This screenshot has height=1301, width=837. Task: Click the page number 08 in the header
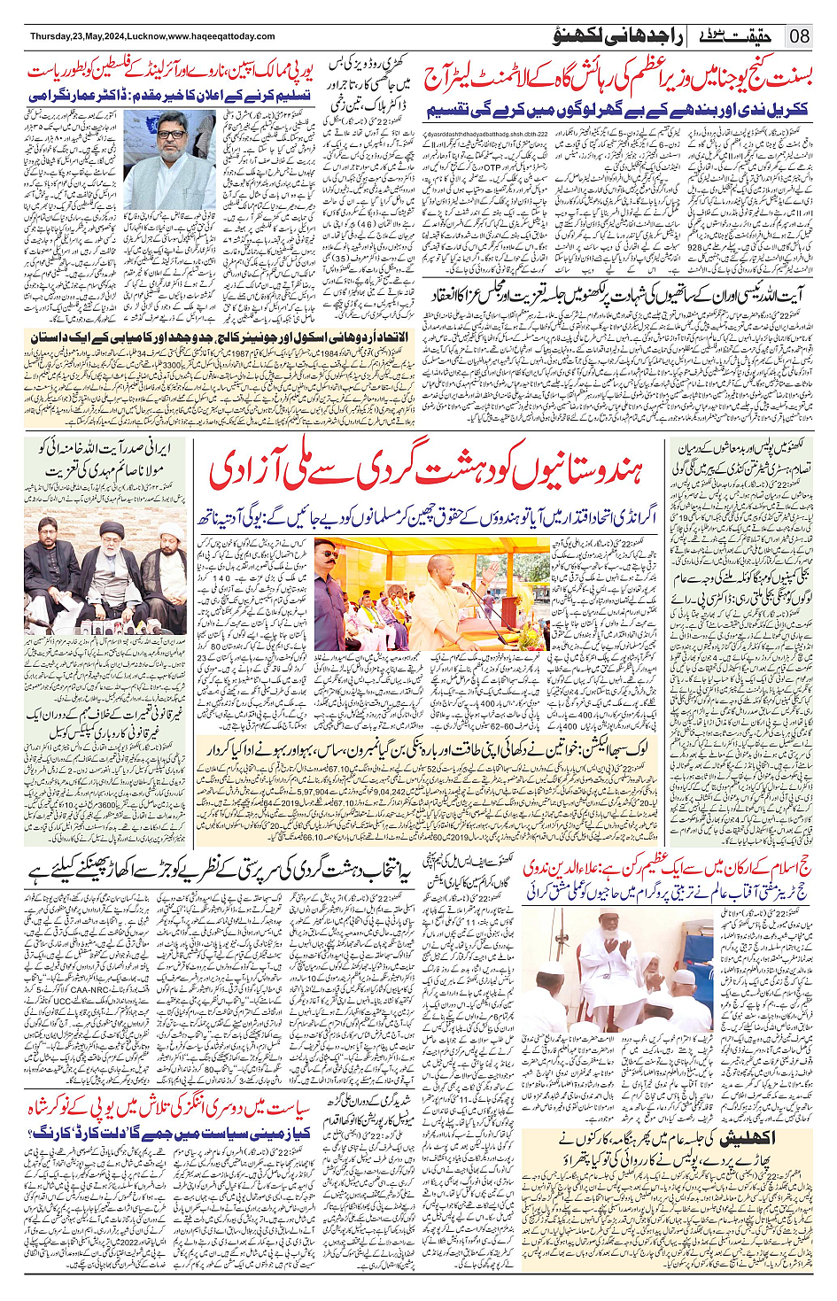800,36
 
